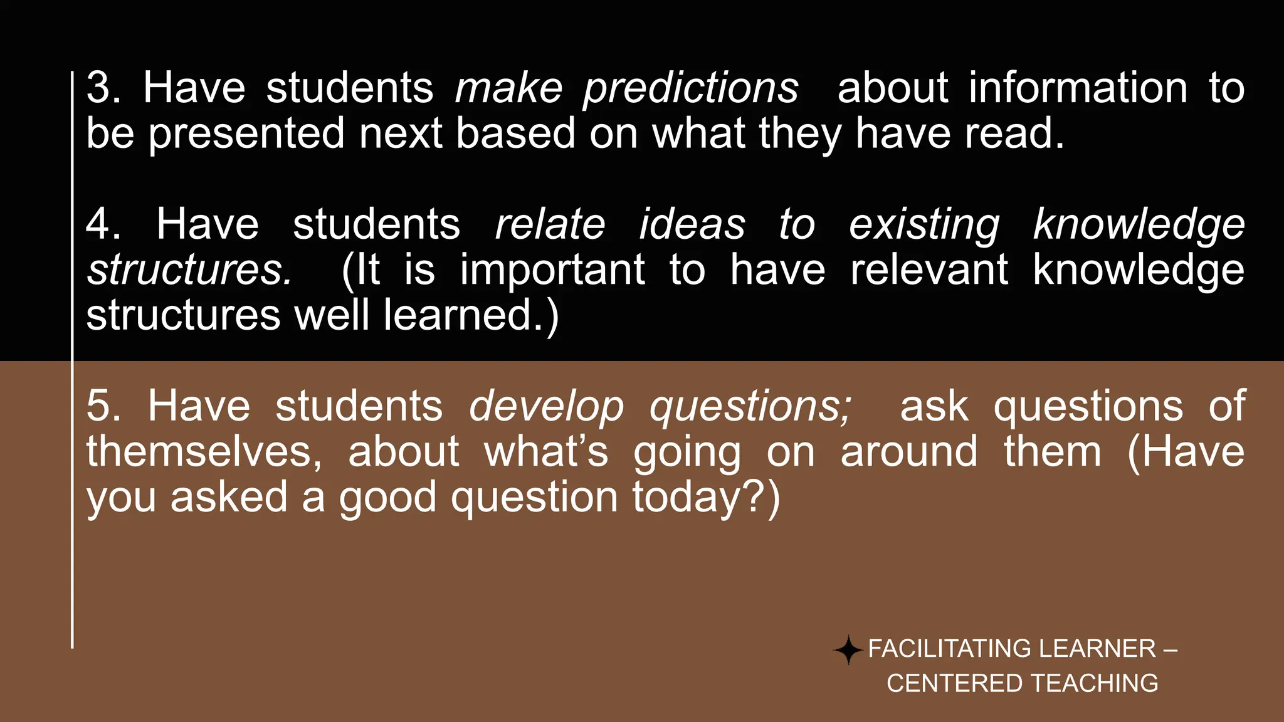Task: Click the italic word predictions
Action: (x=691, y=89)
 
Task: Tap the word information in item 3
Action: (x=1078, y=88)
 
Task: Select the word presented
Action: (x=246, y=133)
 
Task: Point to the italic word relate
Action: (x=550, y=224)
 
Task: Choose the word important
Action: (x=552, y=270)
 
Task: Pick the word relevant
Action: (x=929, y=270)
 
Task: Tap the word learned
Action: (x=470, y=315)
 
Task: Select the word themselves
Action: (x=204, y=452)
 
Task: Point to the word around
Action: (x=908, y=452)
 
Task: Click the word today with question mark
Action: (x=706, y=498)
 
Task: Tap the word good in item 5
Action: (x=387, y=498)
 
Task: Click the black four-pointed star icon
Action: (x=848, y=650)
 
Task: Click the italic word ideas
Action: (x=692, y=224)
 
